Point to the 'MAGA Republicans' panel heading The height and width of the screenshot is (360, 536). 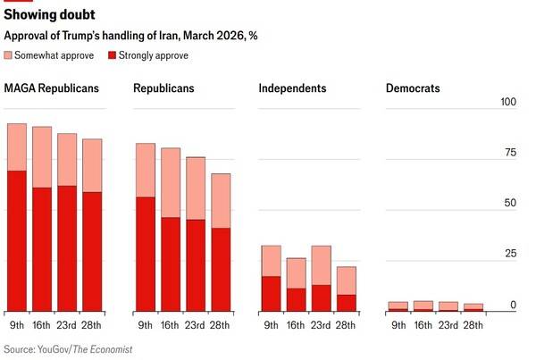click(x=51, y=88)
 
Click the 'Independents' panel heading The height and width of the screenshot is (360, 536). click(x=292, y=88)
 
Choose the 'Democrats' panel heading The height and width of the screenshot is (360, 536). click(x=413, y=88)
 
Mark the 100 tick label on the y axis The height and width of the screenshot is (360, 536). click(x=508, y=102)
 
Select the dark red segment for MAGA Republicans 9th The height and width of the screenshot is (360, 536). click(x=17, y=241)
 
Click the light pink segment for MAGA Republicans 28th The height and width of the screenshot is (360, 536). click(x=93, y=165)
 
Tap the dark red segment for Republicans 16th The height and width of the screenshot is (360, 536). click(x=171, y=264)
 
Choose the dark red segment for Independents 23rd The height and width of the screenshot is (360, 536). click(x=321, y=298)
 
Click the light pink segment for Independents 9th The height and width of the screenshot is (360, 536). click(x=271, y=261)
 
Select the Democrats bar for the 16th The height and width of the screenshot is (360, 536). click(x=423, y=306)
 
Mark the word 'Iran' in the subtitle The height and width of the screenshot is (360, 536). click(x=160, y=36)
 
